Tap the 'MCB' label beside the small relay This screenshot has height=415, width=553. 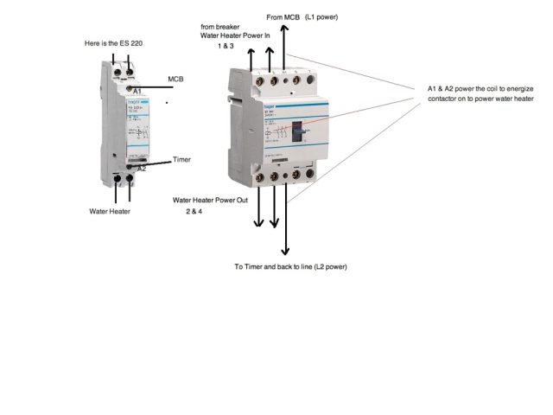coord(175,79)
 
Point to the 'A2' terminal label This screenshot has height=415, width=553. coord(141,169)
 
